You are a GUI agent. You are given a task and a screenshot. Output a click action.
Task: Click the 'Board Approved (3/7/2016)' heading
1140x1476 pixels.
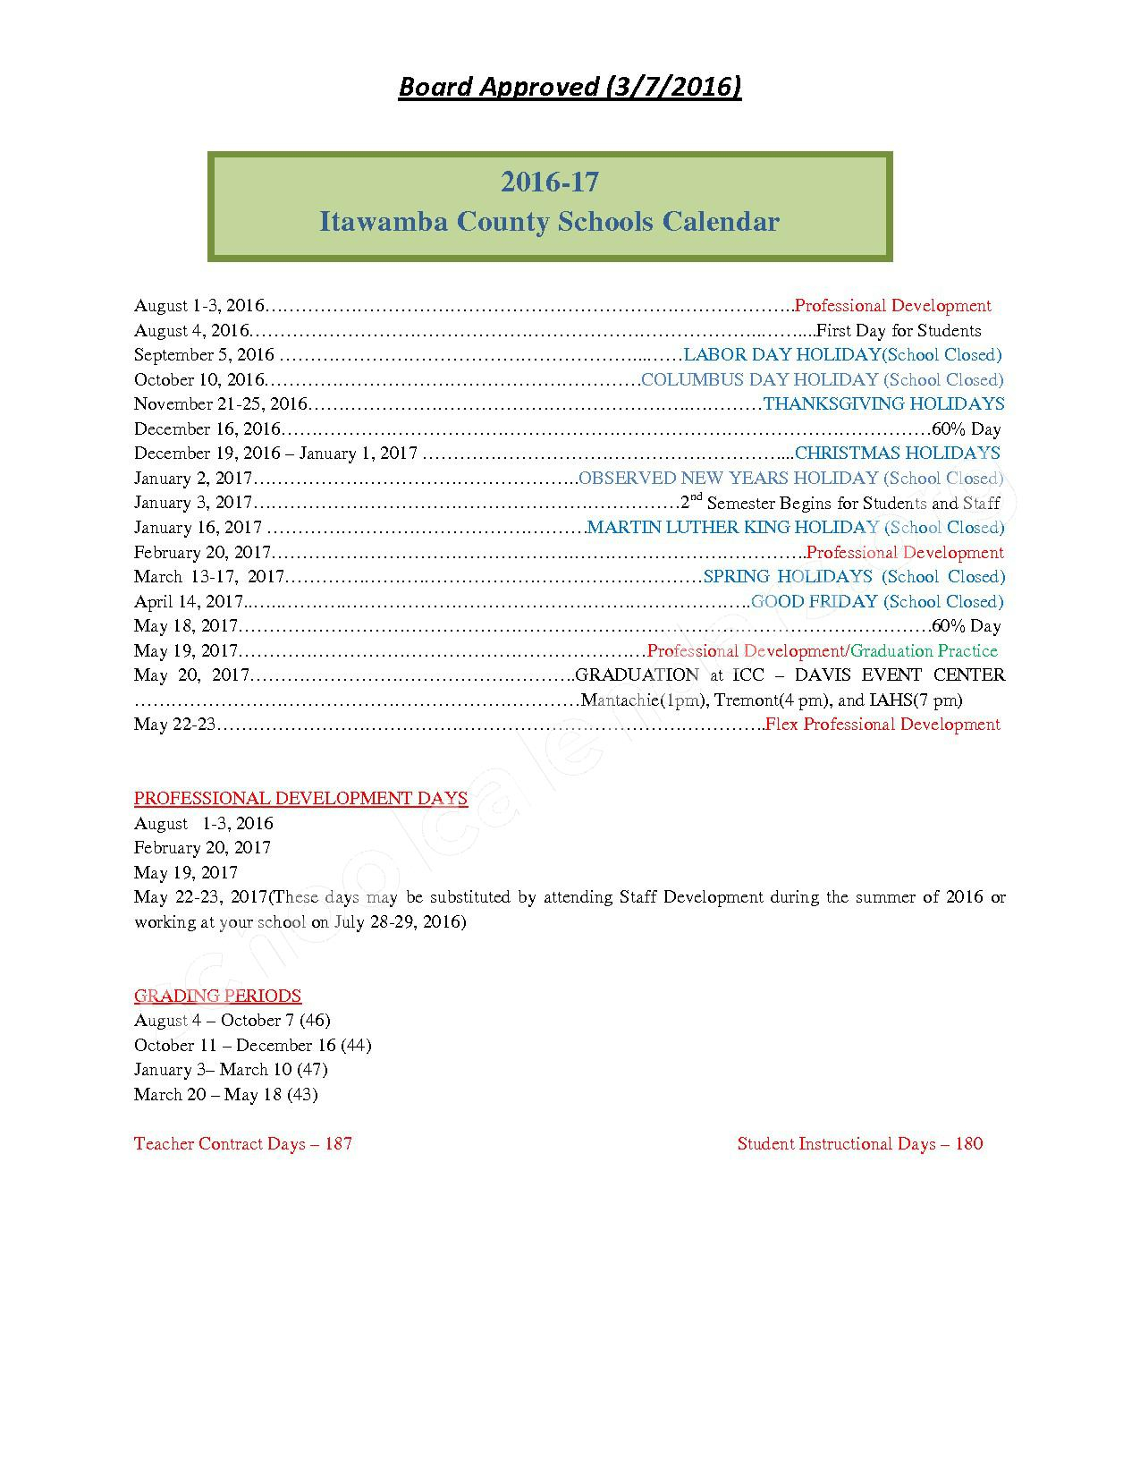570,87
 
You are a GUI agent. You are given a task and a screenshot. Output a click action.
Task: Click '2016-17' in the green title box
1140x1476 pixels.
549,182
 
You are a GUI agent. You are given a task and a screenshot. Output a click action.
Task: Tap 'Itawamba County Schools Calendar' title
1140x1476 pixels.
549,222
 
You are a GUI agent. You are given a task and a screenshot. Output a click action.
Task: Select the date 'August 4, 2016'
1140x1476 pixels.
191,331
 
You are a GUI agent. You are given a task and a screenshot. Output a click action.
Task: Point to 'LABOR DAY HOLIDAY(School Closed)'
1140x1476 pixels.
842,355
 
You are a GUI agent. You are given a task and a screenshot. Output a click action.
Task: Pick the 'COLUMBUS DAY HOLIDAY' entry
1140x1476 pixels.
760,380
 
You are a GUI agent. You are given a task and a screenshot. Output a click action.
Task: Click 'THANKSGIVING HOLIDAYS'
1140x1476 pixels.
883,404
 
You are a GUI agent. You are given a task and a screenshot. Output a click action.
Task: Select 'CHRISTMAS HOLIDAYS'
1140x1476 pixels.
897,454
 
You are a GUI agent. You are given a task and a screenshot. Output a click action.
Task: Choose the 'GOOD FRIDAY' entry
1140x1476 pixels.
814,602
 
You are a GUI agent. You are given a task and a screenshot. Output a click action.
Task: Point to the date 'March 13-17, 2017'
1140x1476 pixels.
208,577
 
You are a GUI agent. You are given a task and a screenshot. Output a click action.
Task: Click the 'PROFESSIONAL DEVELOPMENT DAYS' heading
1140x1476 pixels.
300,798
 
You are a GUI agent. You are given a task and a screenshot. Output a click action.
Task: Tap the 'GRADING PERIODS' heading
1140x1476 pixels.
217,996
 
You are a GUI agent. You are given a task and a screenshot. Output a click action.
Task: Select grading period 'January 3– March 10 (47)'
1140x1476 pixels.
231,1070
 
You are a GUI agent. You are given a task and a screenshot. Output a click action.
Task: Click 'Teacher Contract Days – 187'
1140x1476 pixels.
243,1144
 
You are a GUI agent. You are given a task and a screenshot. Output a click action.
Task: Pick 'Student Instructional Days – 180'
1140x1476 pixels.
860,1144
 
